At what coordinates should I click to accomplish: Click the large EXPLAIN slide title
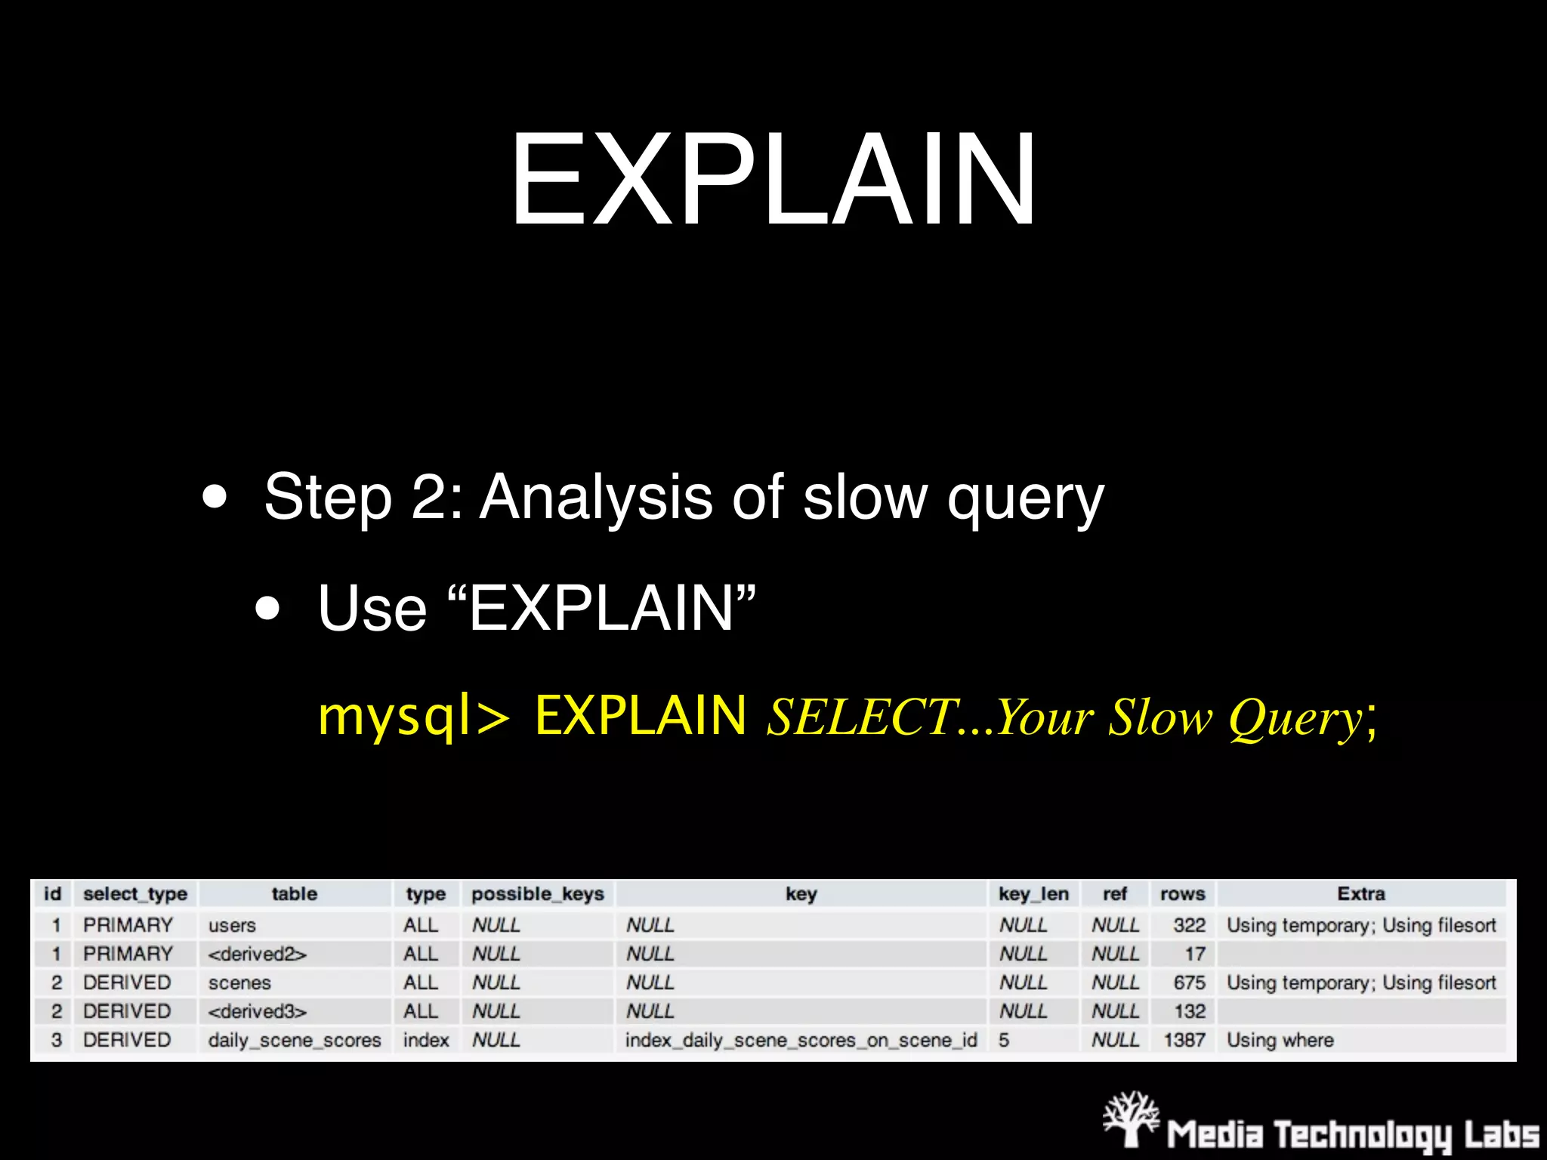(x=773, y=179)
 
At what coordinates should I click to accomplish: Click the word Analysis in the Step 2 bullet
(x=596, y=497)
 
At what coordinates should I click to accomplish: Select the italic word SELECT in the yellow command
(x=861, y=716)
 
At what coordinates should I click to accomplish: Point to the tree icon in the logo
(x=1131, y=1118)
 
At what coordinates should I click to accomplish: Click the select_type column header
(x=135, y=893)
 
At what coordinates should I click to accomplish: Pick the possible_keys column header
(x=537, y=893)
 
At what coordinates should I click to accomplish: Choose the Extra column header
(x=1360, y=893)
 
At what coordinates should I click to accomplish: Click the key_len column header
(x=1033, y=893)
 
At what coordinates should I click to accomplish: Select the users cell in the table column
(x=232, y=925)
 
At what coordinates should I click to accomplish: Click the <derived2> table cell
(x=257, y=954)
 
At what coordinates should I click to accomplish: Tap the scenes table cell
(x=239, y=983)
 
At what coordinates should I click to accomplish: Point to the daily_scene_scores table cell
(x=295, y=1040)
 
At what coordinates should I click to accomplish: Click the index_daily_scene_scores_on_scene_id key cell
(x=801, y=1040)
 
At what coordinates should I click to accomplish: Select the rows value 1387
(x=1184, y=1040)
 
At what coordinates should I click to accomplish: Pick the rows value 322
(x=1189, y=925)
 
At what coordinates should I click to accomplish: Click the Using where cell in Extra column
(x=1280, y=1040)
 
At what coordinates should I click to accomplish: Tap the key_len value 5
(x=1004, y=1040)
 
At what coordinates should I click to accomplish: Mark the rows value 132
(x=1189, y=1011)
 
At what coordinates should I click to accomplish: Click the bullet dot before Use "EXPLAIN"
(x=267, y=608)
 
